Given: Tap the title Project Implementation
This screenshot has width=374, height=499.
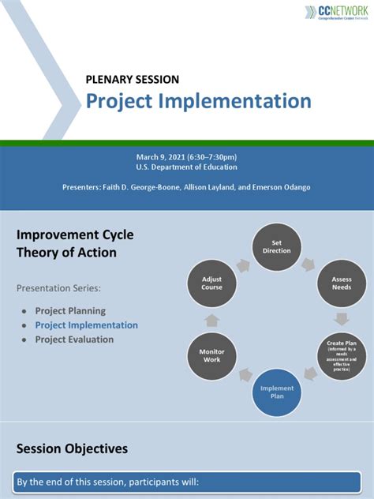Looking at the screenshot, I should pyautogui.click(x=198, y=101).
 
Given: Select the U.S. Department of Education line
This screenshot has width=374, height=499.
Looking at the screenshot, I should pyautogui.click(x=186, y=167).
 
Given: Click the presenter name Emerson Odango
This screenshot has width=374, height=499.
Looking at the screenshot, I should pyautogui.click(x=282, y=186).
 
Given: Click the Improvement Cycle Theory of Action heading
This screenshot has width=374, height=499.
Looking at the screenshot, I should pyautogui.click(x=75, y=243).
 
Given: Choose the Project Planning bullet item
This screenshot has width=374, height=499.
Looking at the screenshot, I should pyautogui.click(x=70, y=311).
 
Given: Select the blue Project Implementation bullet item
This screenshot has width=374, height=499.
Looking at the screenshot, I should pyautogui.click(x=86, y=325).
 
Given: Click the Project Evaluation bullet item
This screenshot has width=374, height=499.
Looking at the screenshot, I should pyautogui.click(x=74, y=340).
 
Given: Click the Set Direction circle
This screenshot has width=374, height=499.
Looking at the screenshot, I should pyautogui.click(x=276, y=246).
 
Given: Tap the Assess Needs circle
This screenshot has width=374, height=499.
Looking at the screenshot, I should pyautogui.click(x=341, y=283).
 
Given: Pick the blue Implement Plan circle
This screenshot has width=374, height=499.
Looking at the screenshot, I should pyautogui.click(x=276, y=392).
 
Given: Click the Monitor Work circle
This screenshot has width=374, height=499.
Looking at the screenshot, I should pyautogui.click(x=211, y=355).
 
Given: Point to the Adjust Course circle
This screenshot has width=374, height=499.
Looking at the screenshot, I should pyautogui.click(x=211, y=283).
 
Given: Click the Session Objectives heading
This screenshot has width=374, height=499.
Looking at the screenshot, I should pyautogui.click(x=72, y=448).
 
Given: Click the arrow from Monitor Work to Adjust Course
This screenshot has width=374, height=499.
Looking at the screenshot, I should pyautogui.click(x=211, y=320).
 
